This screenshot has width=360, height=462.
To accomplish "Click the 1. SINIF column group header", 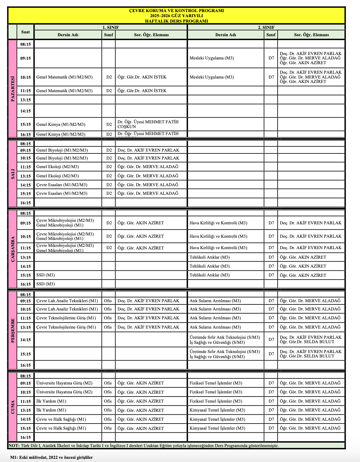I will (110, 27).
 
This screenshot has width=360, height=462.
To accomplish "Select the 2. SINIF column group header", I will (266, 27).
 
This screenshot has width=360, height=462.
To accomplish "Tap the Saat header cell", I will (25, 32).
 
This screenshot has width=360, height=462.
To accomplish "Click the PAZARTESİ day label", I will (13, 89).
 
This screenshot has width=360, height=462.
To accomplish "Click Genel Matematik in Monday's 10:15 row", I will (64, 77).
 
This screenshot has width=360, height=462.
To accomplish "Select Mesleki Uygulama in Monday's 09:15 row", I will (211, 58).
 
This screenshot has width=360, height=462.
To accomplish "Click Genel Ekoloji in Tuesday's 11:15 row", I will (58, 167).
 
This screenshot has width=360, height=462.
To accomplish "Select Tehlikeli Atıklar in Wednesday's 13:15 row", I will (210, 257).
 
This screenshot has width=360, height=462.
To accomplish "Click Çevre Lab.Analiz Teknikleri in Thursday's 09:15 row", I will (67, 301).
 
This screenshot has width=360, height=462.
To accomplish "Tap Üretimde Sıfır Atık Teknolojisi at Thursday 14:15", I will (225, 337).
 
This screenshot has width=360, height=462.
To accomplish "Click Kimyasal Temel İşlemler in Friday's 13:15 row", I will (217, 410).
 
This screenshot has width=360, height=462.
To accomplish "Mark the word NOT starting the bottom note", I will (14, 445).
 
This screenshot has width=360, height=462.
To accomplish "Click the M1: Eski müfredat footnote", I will (51, 458).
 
